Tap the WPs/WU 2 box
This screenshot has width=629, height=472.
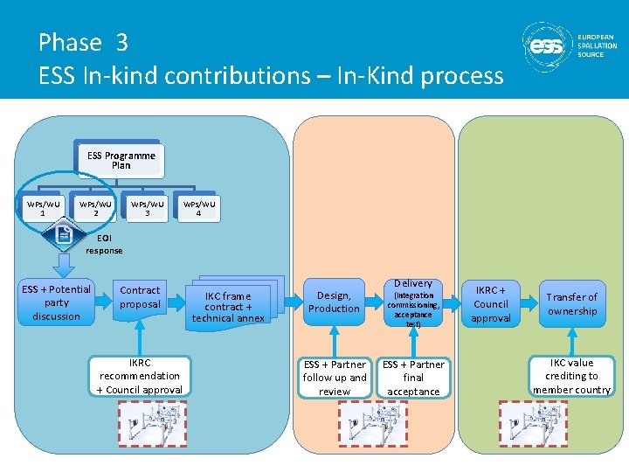[x=95, y=209]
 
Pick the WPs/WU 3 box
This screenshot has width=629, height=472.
[x=147, y=209]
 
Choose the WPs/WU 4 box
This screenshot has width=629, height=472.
[x=198, y=209]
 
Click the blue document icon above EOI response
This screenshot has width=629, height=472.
[x=64, y=235]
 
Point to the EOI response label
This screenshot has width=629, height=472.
[x=104, y=245]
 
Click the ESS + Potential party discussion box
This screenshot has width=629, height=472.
[x=56, y=302]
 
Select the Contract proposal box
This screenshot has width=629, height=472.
[x=140, y=297]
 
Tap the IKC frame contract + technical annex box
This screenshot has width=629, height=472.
[x=228, y=306]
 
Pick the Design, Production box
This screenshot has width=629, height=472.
[x=334, y=302]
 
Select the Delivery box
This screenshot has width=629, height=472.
[x=413, y=302]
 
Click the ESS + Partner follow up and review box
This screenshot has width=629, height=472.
[x=335, y=378]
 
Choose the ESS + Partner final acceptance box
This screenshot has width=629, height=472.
[x=413, y=378]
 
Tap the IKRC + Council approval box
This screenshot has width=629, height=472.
[x=491, y=303]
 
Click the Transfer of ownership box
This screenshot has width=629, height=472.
[x=572, y=303]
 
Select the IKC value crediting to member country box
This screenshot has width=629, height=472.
[x=572, y=376]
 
